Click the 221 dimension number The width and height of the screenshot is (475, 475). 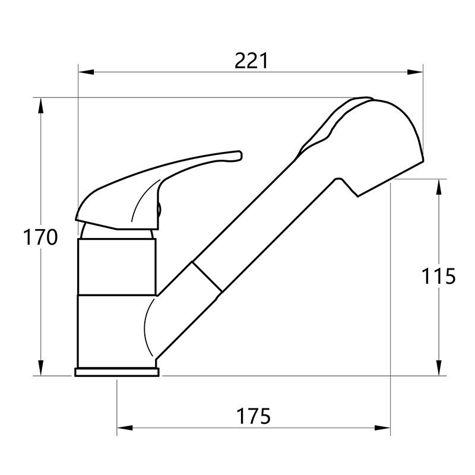[x=251, y=61]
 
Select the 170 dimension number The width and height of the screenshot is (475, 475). [x=40, y=237]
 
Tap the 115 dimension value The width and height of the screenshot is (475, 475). [x=438, y=276]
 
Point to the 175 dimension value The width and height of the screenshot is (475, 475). [x=254, y=416]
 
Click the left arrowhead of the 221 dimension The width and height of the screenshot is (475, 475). [x=85, y=72]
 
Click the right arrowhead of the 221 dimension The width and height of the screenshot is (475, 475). [x=415, y=72]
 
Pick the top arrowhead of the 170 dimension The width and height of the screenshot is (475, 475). [x=40, y=105]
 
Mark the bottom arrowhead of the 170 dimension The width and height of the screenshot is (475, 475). [x=40, y=368]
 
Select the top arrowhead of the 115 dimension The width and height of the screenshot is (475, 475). [x=439, y=186]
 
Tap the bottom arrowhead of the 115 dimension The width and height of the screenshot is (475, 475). [x=439, y=368]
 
